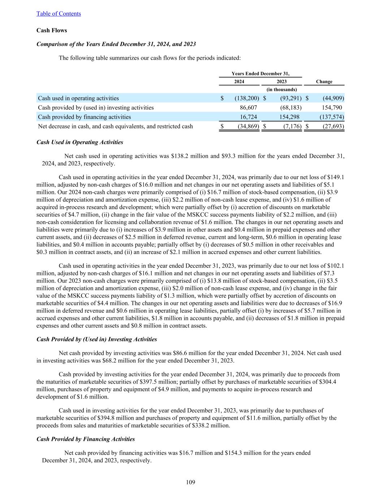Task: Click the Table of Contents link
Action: click(59, 14)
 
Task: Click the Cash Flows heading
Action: click(52, 30)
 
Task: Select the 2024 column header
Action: click(239, 81)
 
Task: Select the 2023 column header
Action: click(282, 81)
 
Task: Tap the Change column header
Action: click(324, 81)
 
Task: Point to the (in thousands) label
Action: click(282, 89)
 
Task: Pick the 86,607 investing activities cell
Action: click(248, 107)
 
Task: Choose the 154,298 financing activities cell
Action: click(291, 117)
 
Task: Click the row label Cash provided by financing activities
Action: click(85, 117)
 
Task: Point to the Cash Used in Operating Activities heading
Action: click(80, 142)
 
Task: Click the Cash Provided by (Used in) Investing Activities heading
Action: click(97, 339)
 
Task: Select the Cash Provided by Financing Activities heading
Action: click(86, 439)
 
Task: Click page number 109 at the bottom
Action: click(191, 482)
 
